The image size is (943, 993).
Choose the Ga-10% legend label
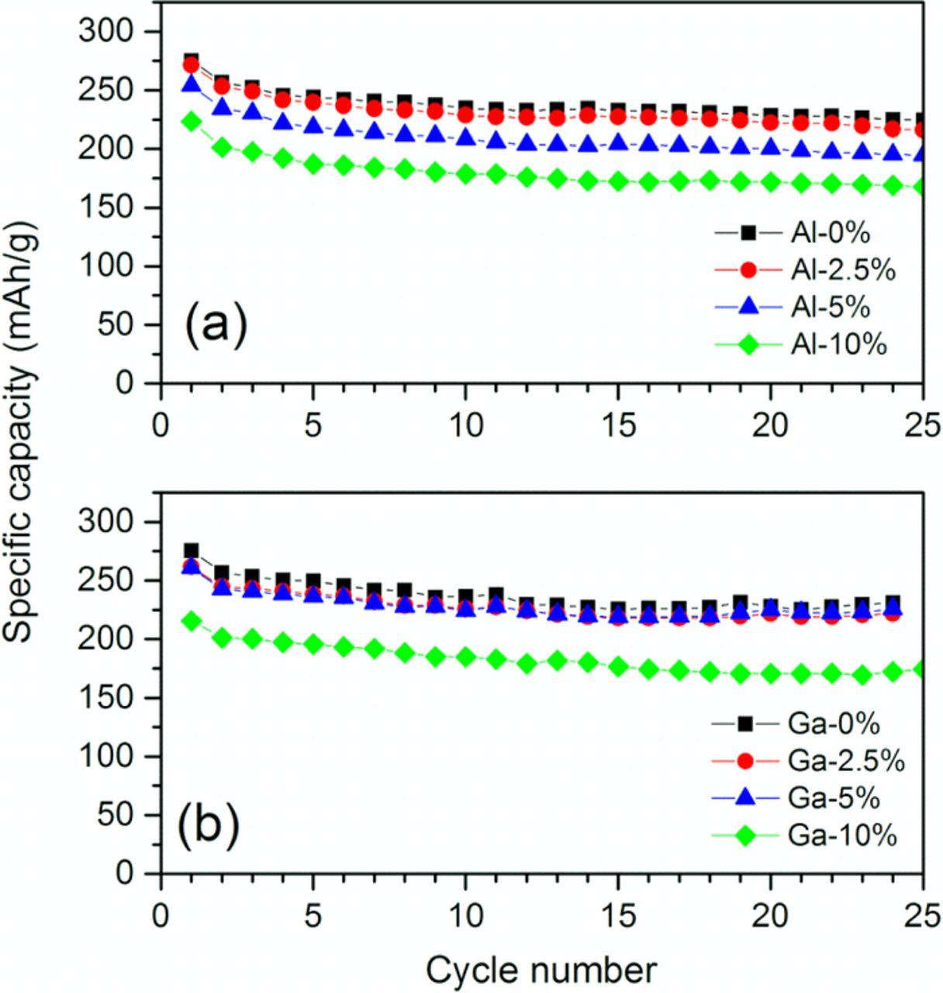842,836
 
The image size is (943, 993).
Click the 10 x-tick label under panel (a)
465,424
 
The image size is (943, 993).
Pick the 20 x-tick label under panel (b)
770,915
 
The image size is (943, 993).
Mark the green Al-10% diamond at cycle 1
191,122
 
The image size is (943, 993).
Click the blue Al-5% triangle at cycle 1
191,84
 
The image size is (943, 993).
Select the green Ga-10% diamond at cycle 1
191,621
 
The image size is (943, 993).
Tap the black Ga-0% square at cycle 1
191,551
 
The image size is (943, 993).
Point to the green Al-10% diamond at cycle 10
465,174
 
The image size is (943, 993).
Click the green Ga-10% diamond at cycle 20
770,673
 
